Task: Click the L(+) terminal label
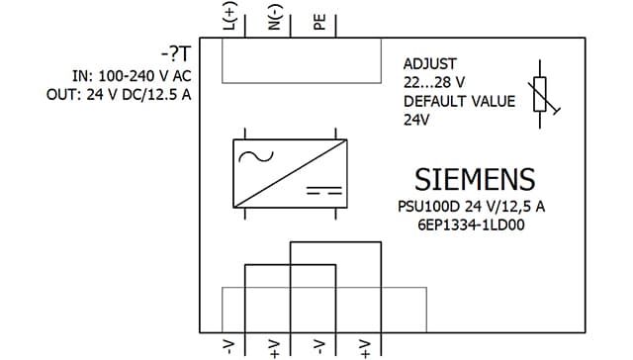[230, 16]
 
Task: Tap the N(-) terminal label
[275, 18]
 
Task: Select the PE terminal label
[319, 22]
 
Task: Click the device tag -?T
[176, 54]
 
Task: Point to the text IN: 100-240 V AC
[132, 76]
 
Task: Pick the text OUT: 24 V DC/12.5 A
[119, 94]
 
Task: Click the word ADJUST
[430, 63]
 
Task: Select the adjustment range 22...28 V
[434, 82]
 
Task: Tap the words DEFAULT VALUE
[459, 101]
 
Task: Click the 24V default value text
[416, 120]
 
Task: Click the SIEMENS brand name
[475, 180]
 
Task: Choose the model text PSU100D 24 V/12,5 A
[471, 207]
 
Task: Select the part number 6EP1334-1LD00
[471, 225]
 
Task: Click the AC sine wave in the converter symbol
[256, 156]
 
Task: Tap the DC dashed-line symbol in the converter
[324, 191]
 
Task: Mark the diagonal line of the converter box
[290, 173]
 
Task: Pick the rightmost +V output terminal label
[365, 349]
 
